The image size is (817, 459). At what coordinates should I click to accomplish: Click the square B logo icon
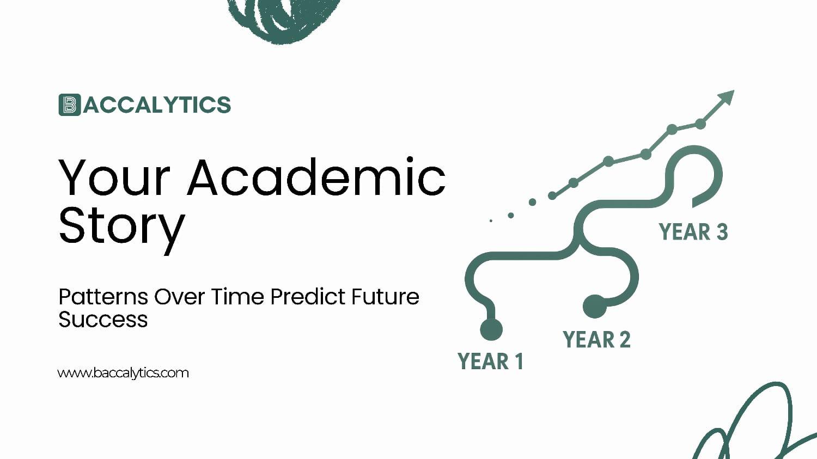70,105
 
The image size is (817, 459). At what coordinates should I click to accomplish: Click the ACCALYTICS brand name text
157,105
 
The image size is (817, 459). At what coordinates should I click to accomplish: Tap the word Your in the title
114,178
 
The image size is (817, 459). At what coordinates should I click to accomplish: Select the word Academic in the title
316,177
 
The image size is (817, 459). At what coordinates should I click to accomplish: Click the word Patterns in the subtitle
103,296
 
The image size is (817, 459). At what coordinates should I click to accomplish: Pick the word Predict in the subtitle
308,296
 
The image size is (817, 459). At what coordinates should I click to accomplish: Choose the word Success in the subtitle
103,320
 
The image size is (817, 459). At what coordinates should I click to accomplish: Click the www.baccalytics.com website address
123,373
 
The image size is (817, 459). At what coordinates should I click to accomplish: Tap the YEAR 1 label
490,362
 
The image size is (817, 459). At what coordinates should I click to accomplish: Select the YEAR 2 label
597,339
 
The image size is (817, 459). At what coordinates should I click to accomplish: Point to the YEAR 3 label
693,232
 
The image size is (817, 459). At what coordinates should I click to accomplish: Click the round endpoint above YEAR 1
491,329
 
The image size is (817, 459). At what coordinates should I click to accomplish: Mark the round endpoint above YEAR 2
595,306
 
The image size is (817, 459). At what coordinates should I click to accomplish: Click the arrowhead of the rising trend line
727,97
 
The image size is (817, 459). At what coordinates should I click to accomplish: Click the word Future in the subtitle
385,296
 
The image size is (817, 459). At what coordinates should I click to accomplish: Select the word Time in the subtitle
237,296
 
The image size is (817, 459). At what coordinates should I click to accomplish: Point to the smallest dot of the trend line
491,221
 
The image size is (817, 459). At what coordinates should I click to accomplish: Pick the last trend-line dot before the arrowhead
700,124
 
